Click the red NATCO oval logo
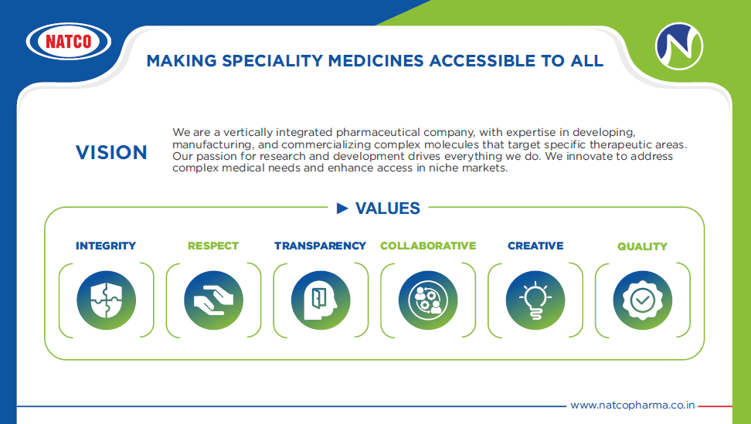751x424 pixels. point(69,41)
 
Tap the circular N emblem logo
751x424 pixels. point(678,46)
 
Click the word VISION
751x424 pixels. point(111,152)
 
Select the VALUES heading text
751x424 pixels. point(387,209)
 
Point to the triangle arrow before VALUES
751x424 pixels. point(342,209)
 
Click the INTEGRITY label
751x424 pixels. point(106,246)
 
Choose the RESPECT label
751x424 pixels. point(213,246)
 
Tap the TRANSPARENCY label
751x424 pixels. point(320,246)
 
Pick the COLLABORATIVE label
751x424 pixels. point(428,246)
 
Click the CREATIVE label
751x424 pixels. point(535,246)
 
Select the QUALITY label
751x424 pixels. point(642,246)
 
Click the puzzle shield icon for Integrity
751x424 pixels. point(107,300)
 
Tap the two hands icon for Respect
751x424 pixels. point(213,300)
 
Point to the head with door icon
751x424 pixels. point(321,300)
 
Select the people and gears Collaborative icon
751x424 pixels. point(428,300)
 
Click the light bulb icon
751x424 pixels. point(535,300)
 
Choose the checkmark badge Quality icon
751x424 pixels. point(643,300)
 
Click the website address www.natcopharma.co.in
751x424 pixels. point(632,405)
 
